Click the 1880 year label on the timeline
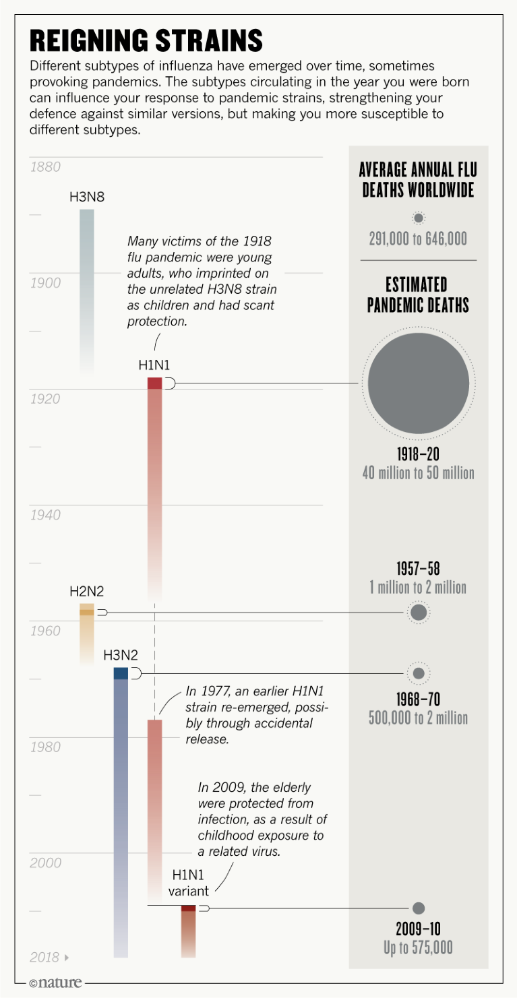(x=45, y=167)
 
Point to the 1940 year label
(x=45, y=515)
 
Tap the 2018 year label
(x=45, y=958)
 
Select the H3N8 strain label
(x=87, y=197)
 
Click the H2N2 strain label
(x=87, y=592)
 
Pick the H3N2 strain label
(x=121, y=655)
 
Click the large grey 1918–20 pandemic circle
(x=419, y=383)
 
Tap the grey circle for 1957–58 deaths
(x=419, y=613)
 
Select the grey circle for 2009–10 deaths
(x=419, y=908)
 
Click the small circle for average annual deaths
(x=419, y=218)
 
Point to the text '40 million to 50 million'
(x=419, y=473)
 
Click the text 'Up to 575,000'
(x=419, y=948)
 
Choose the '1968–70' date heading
(x=419, y=699)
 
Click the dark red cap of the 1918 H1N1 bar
(x=155, y=383)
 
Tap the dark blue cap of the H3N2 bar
(x=121, y=673)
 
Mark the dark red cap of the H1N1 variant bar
(x=188, y=908)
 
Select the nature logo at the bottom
(x=56, y=983)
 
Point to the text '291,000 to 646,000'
(x=419, y=239)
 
